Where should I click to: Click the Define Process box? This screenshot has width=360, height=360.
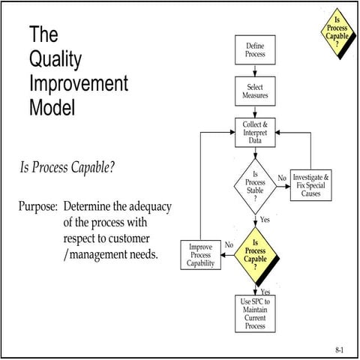[x=255, y=51]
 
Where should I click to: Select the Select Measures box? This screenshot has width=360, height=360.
[x=255, y=91]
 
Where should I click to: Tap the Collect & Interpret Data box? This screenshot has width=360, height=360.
[x=255, y=133]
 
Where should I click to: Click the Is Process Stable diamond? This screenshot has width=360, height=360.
[x=255, y=183]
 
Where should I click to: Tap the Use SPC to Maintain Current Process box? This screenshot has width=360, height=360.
[x=255, y=313]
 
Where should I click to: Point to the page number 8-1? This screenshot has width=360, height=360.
[x=340, y=349]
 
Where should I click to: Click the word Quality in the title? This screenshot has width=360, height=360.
[x=56, y=59]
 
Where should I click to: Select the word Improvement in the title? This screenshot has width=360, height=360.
[x=79, y=83]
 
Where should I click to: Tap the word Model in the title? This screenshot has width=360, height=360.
[x=52, y=107]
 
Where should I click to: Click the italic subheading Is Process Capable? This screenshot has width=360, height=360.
[x=67, y=166]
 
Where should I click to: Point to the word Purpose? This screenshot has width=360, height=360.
[x=38, y=205]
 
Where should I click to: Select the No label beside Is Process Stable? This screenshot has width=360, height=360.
[x=282, y=178]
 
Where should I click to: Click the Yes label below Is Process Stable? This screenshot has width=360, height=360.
[x=265, y=220]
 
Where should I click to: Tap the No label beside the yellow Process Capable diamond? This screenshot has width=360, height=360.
[x=229, y=244]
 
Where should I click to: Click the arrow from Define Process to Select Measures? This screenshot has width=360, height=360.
[x=255, y=70]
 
